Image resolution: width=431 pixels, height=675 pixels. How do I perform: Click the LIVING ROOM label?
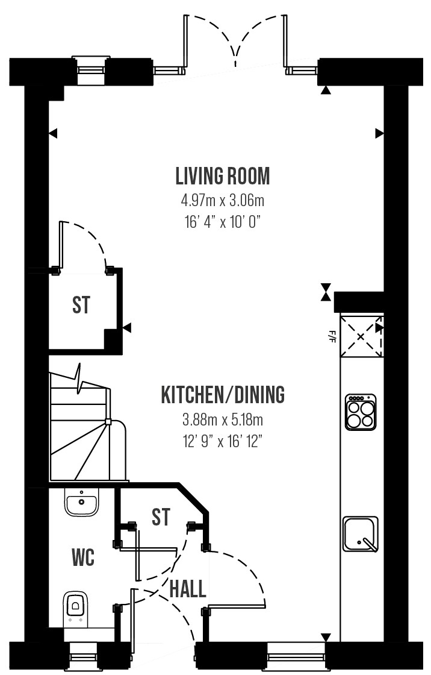pyautogui.click(x=223, y=176)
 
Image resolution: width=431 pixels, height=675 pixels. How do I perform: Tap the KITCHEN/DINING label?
pyautogui.click(x=223, y=394)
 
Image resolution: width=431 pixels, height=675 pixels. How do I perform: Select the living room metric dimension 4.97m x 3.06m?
pyautogui.click(x=223, y=200)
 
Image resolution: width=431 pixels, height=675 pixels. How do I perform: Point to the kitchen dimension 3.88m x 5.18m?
pyautogui.click(x=223, y=419)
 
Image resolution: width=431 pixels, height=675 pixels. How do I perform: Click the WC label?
pyautogui.click(x=83, y=558)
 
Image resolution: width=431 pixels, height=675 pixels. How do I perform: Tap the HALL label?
pyautogui.click(x=188, y=589)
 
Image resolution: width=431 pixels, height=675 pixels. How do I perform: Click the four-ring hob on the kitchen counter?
pyautogui.click(x=361, y=412)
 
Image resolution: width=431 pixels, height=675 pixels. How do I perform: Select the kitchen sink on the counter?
pyautogui.click(x=361, y=534)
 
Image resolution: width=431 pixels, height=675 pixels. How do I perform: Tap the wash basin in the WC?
pyautogui.click(x=82, y=501)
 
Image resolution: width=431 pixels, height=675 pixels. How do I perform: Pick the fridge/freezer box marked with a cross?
pyautogui.click(x=361, y=336)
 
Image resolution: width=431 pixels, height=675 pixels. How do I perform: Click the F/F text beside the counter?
pyautogui.click(x=332, y=336)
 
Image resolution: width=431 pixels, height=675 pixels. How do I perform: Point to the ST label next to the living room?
pyautogui.click(x=81, y=305)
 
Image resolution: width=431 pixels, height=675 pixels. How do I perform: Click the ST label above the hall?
pyautogui.click(x=161, y=517)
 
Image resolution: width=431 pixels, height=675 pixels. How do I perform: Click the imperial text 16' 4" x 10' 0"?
pyautogui.click(x=223, y=222)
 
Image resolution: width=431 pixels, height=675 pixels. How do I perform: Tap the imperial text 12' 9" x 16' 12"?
pyautogui.click(x=223, y=441)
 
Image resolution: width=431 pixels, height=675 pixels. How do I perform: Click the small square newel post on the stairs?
pyautogui.click(x=108, y=422)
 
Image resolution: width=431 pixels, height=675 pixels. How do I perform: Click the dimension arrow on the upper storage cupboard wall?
pyautogui.click(x=127, y=328)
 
